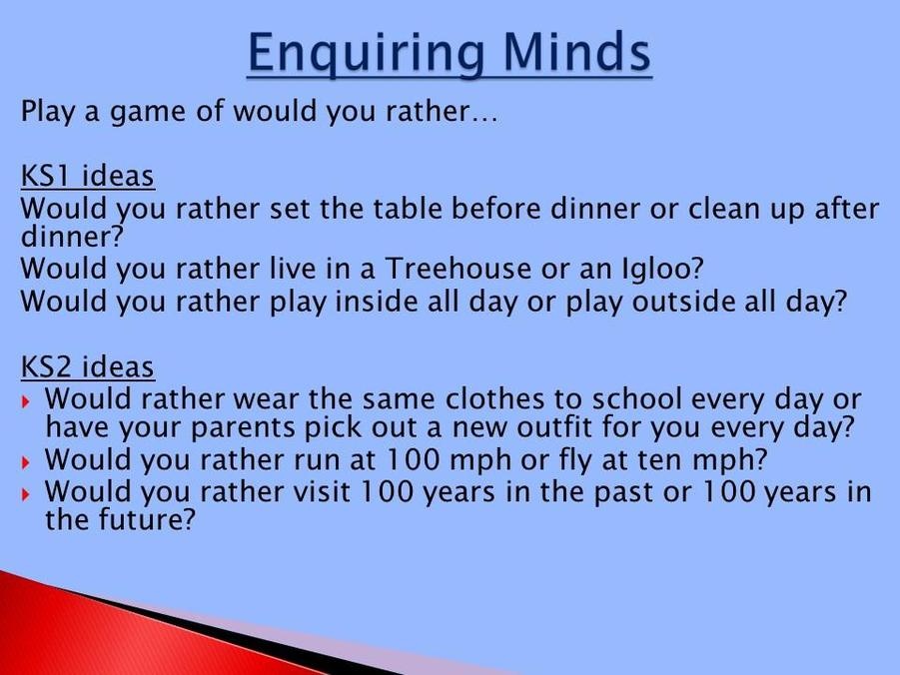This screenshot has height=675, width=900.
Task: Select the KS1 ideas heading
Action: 87,176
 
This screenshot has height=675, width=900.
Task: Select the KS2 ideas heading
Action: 87,366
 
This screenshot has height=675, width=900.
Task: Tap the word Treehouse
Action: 457,268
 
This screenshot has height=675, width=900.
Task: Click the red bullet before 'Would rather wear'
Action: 26,401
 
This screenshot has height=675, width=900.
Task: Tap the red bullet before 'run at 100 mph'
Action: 26,462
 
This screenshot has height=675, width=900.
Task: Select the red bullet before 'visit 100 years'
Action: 26,494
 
